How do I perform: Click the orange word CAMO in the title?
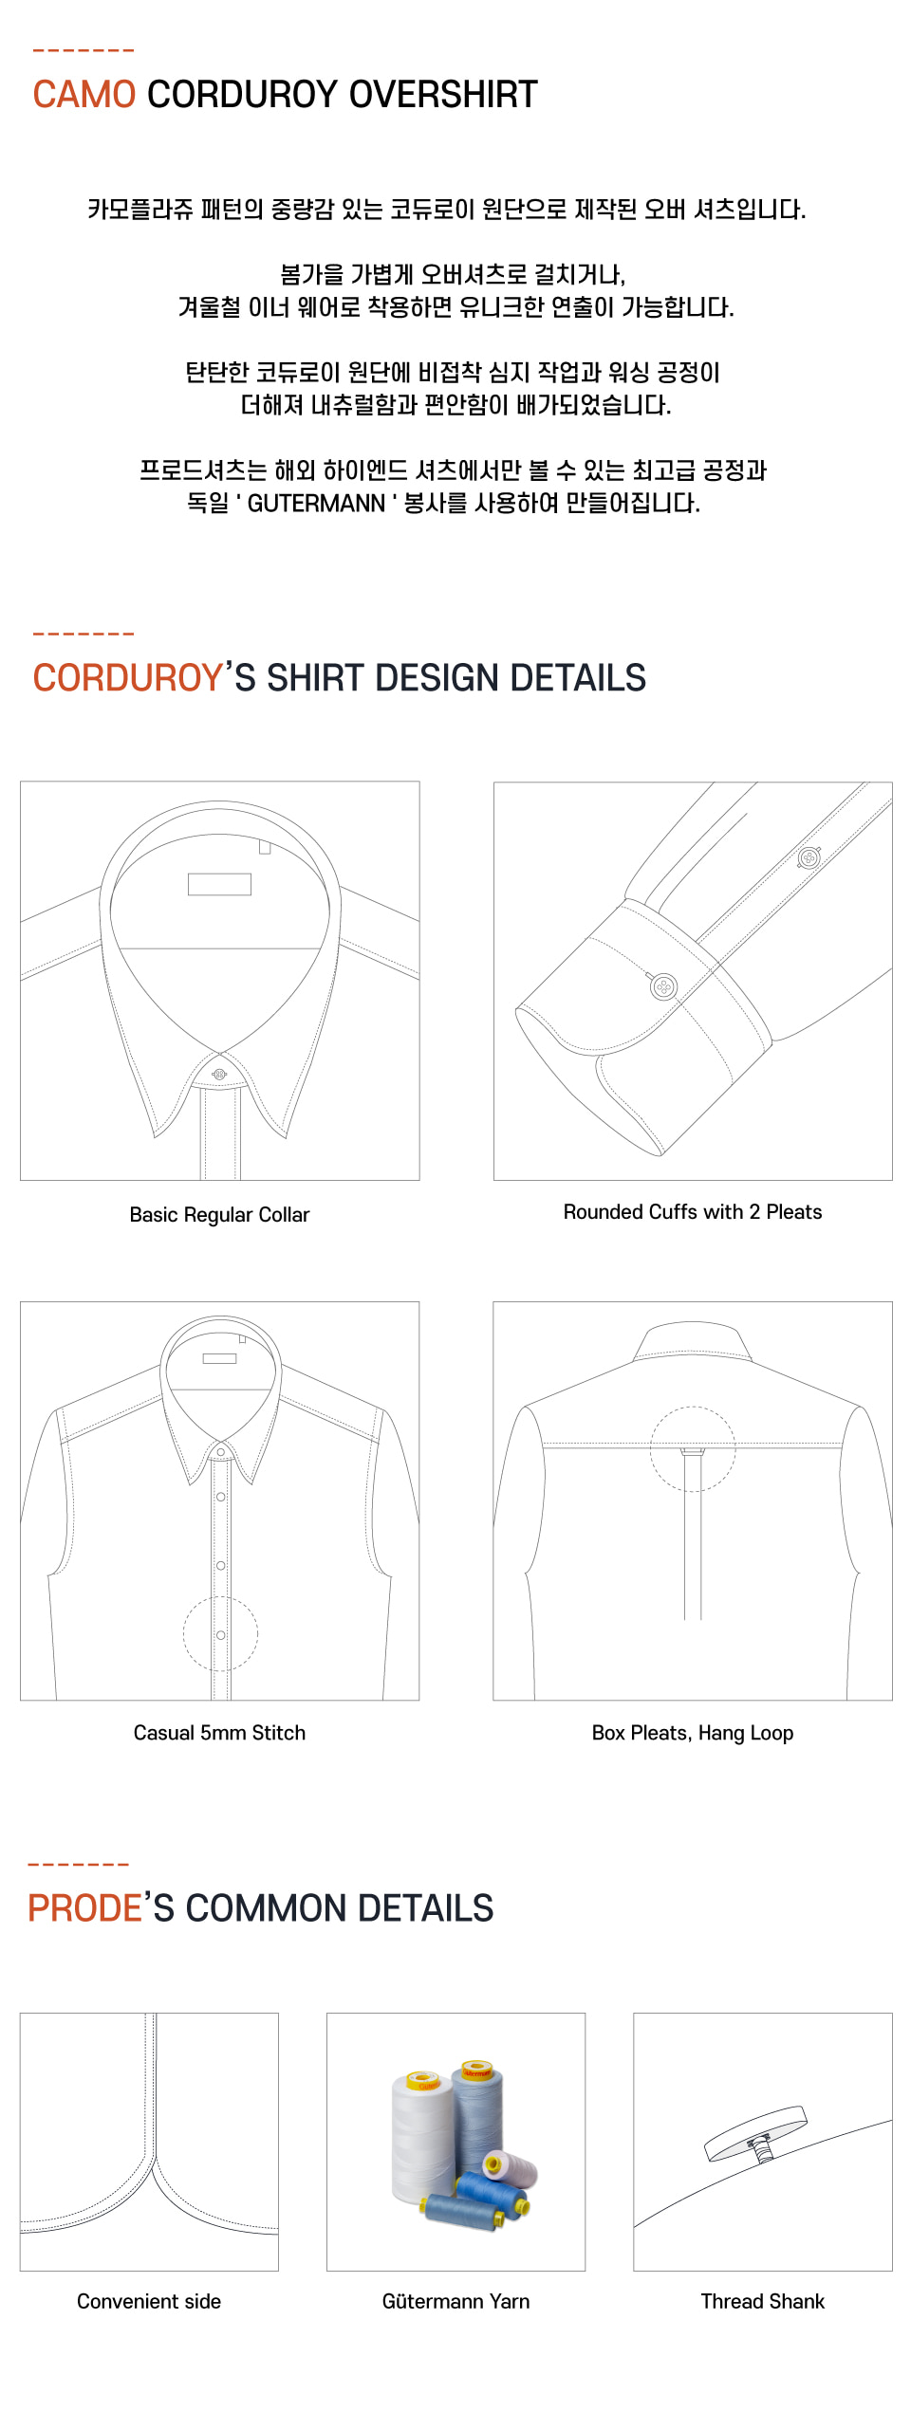tap(84, 94)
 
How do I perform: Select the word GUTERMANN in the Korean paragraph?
tap(316, 503)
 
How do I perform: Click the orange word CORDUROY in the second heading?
tap(127, 677)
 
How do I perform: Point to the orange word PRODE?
tap(84, 1907)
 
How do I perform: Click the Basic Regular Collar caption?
tap(219, 1215)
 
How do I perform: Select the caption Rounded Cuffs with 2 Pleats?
tap(693, 1212)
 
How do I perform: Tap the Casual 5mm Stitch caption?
tap(219, 1733)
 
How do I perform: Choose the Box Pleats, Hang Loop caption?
tap(693, 1733)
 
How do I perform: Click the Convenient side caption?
tap(149, 2301)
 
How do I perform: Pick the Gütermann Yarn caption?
tap(455, 2301)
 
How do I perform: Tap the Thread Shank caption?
tap(763, 2301)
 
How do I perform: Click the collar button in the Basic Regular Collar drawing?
tap(220, 1075)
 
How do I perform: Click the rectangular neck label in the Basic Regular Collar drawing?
tap(219, 884)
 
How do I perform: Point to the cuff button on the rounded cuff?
tap(664, 986)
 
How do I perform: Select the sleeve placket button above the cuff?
tap(809, 858)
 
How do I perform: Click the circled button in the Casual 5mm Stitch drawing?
tap(220, 1635)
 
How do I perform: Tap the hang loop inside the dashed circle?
tap(693, 1451)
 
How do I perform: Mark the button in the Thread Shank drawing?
tap(756, 2133)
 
